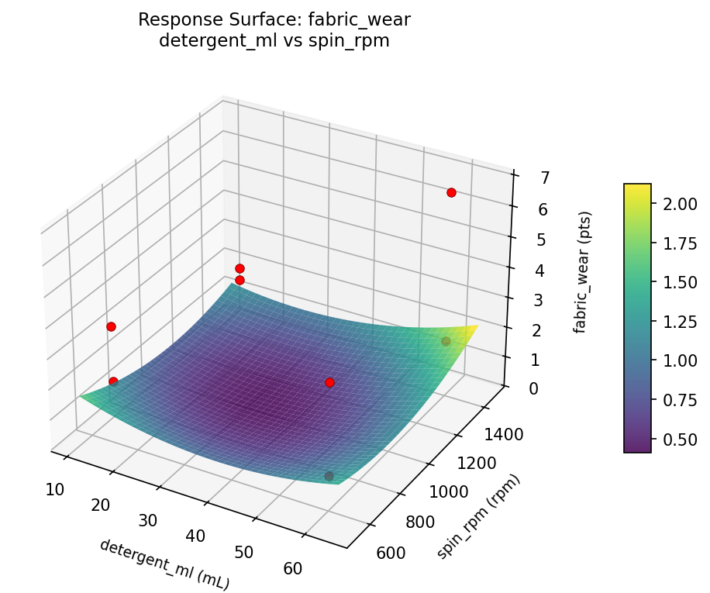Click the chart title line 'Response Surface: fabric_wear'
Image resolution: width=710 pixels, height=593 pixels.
tap(274, 20)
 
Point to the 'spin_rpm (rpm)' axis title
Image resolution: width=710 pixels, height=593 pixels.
tap(478, 516)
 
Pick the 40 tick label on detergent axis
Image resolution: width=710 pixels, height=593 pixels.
tap(196, 536)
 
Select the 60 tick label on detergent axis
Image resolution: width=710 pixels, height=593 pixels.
tap(293, 568)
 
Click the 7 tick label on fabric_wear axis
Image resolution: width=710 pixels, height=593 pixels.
tap(525, 178)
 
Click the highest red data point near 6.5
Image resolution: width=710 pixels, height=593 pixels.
tap(451, 192)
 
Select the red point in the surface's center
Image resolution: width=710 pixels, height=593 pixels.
tap(329, 382)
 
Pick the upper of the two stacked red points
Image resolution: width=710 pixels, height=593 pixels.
tap(240, 268)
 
